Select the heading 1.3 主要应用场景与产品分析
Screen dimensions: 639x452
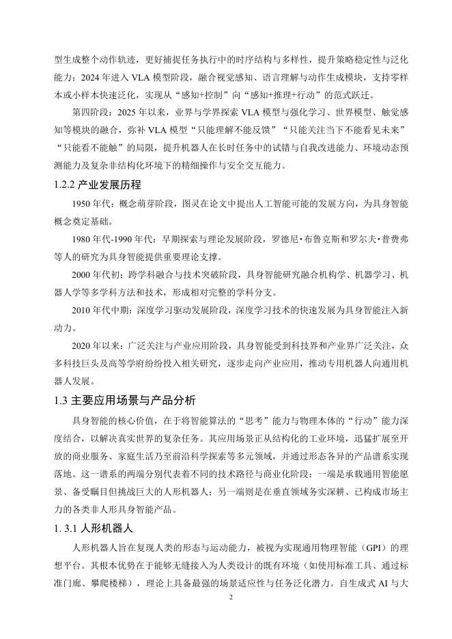119,400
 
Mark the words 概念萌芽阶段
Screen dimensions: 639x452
155,203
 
